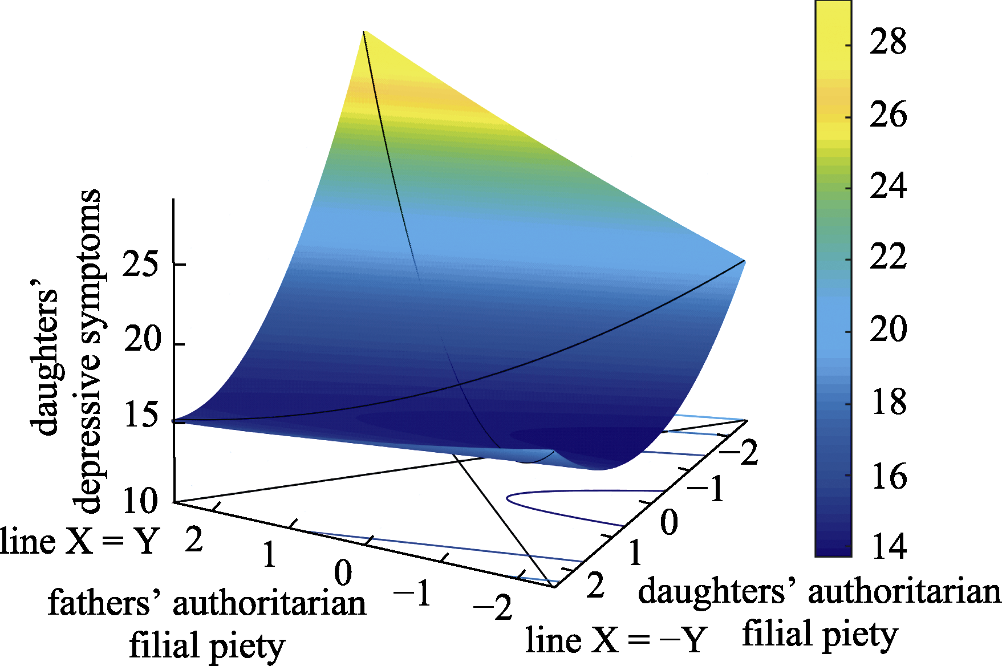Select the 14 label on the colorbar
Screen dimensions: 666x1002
(889, 546)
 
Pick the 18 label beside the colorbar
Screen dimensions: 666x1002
(889, 402)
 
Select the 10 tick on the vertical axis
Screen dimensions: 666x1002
(140, 502)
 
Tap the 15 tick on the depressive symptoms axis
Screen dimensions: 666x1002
(140, 415)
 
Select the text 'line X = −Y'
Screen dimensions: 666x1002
(616, 640)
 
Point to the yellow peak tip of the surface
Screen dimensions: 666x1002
(364, 32)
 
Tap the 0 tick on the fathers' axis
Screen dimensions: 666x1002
(343, 573)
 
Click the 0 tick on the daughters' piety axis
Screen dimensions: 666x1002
(669, 522)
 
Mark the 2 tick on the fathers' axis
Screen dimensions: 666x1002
(194, 539)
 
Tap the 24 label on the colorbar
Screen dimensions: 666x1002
(887, 186)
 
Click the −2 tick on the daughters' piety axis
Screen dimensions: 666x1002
(739, 454)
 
